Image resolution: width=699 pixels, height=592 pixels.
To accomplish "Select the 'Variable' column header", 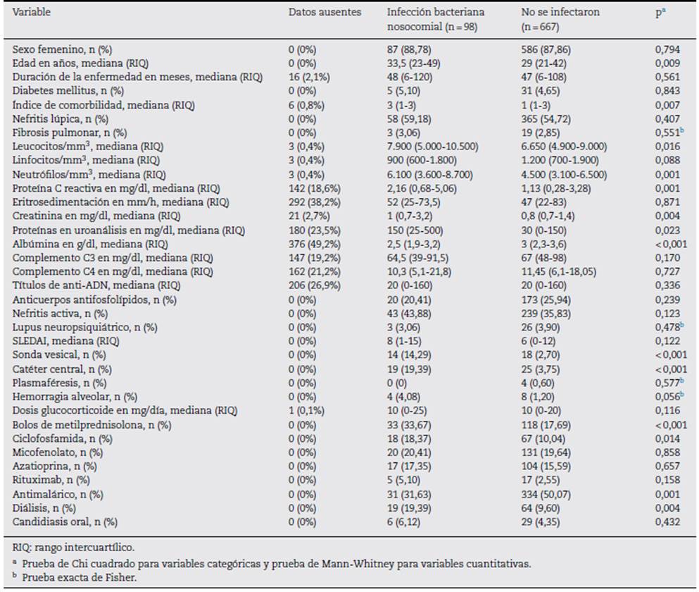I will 32,13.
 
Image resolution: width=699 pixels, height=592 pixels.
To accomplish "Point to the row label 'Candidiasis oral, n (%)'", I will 65,522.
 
